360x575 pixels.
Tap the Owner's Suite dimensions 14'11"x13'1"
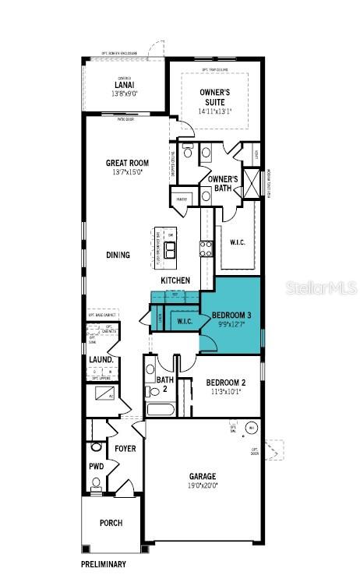click(x=214, y=111)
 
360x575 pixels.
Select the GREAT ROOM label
click(x=128, y=163)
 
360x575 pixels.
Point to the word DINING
click(x=118, y=255)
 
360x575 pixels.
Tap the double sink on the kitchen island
click(x=169, y=249)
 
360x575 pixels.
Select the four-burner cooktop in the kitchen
click(x=207, y=249)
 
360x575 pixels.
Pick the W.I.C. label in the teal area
click(x=185, y=321)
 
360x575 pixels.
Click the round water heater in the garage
click(x=251, y=428)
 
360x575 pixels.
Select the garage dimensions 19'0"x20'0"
click(x=202, y=485)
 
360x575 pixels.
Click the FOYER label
click(x=125, y=449)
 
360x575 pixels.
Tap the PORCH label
click(x=111, y=523)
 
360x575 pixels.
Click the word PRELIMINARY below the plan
click(x=104, y=563)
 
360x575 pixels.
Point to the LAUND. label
click(x=102, y=360)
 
